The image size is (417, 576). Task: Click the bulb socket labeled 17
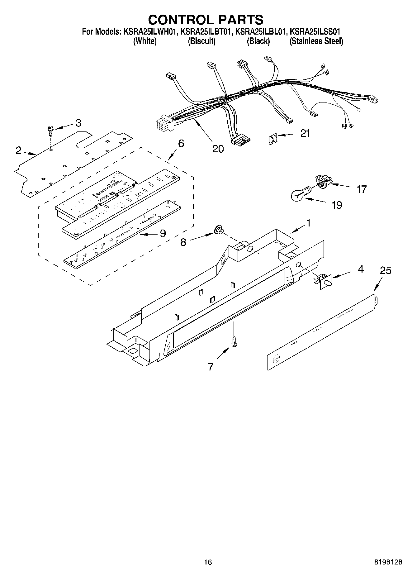point(322,181)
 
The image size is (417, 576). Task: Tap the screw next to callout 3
point(50,130)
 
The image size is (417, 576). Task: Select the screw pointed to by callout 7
point(234,342)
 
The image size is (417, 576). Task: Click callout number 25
point(385,270)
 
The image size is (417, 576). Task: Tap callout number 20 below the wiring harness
point(218,149)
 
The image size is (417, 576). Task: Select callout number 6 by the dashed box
point(181,144)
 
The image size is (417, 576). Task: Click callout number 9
point(163,233)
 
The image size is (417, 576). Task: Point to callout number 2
point(19,151)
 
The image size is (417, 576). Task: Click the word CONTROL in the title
point(179,20)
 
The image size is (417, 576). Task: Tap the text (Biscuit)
point(201,41)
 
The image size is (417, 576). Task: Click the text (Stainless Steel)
point(316,41)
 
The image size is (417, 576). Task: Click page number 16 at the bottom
point(208,562)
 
